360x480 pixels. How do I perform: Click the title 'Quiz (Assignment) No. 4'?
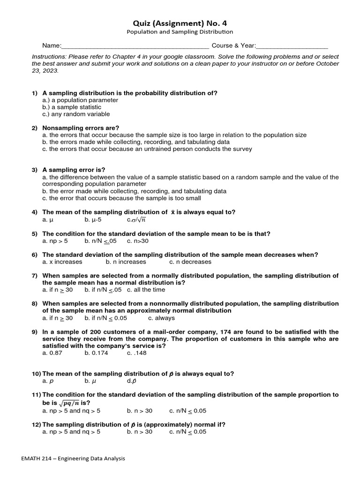[x=180, y=23]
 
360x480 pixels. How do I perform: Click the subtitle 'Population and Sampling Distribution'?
[x=180, y=32]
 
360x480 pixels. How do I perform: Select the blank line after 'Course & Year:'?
[x=292, y=46]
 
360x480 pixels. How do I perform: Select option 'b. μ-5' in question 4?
[x=93, y=219]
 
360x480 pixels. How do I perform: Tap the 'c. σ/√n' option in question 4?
[x=136, y=219]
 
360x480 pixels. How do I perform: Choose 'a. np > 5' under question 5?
[x=55, y=241]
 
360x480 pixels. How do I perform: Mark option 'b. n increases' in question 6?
[x=126, y=262]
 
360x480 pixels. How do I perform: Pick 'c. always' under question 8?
[x=161, y=318]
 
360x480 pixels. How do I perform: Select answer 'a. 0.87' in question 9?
[x=52, y=353]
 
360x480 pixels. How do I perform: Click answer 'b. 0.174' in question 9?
[x=96, y=353]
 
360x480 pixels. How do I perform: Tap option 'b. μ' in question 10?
[x=90, y=381]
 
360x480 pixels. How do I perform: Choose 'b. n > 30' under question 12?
[x=139, y=432]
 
